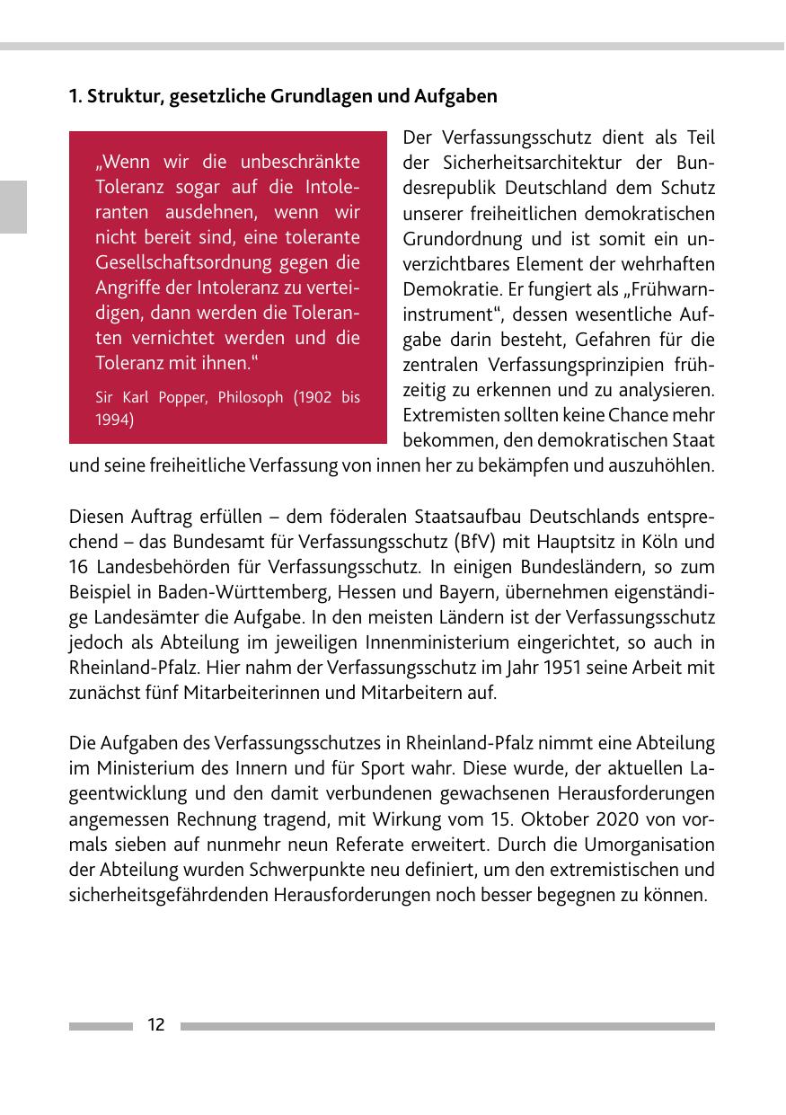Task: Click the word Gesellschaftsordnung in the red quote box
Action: click(x=168, y=263)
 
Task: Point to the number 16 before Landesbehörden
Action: click(x=78, y=567)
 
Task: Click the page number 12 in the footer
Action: click(x=155, y=1025)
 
